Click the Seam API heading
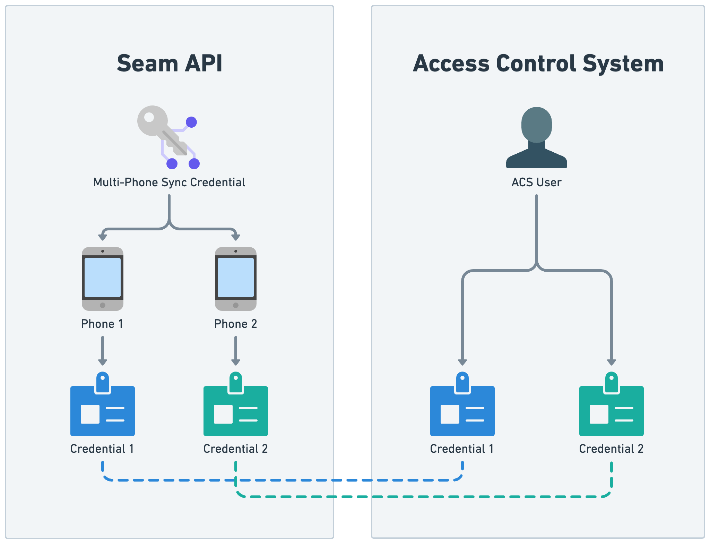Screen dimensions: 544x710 coord(170,63)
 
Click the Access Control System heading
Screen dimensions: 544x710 coord(538,63)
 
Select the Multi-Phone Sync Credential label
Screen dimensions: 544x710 coord(169,182)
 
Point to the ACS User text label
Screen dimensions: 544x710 coord(536,182)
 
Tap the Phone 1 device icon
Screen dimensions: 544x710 coord(103,279)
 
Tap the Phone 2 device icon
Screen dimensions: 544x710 coord(236,279)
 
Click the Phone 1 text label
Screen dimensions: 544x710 coord(102,324)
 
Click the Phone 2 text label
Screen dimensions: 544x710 coord(235,324)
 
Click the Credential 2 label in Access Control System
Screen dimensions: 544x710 coord(611,449)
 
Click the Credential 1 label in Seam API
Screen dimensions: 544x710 coord(102,449)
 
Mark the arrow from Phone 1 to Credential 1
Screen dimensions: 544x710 coord(103,350)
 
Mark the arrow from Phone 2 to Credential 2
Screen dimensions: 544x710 coord(236,350)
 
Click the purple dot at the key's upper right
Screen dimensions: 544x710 coord(191,122)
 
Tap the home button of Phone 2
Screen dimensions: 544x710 coord(236,305)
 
